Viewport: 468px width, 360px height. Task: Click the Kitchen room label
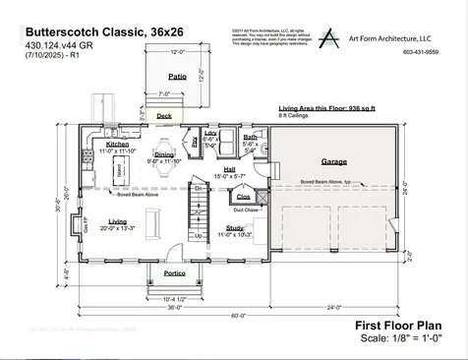tap(117, 144)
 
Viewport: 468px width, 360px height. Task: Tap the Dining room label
tap(165, 153)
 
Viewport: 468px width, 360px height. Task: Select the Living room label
tap(118, 221)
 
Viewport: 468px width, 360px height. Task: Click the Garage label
tap(334, 160)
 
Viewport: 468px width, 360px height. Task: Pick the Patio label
tap(177, 76)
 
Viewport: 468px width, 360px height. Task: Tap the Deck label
tap(163, 115)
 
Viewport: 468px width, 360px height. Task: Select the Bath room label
tap(250, 137)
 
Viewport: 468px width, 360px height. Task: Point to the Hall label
tap(228, 169)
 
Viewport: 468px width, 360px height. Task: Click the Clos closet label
tap(243, 196)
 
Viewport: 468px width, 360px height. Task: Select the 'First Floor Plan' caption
tap(397, 325)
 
